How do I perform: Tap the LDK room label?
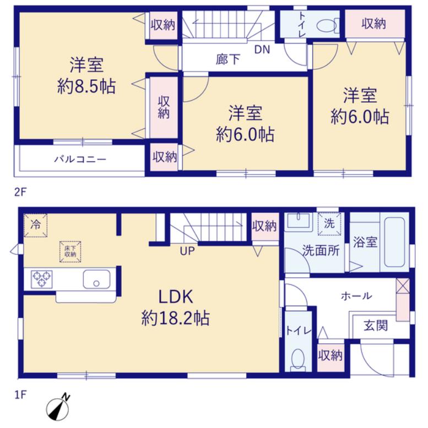[x=176, y=297]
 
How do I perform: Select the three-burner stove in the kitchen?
[x=41, y=279]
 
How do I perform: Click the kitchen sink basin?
[x=96, y=279]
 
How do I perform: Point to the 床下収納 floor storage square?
[x=71, y=251]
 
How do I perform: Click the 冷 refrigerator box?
[x=35, y=226]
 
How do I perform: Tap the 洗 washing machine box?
[x=329, y=223]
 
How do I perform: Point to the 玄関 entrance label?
[x=375, y=326]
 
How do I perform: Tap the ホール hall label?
[x=356, y=296]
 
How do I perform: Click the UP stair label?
[x=187, y=251]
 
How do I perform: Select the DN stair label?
[x=262, y=50]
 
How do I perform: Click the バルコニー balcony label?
[x=80, y=159]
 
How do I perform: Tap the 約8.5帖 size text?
[x=86, y=87]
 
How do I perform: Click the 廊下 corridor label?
[x=227, y=59]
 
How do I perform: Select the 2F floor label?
[x=20, y=193]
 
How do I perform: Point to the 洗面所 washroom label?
[x=321, y=250]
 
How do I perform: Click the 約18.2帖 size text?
[x=176, y=319]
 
